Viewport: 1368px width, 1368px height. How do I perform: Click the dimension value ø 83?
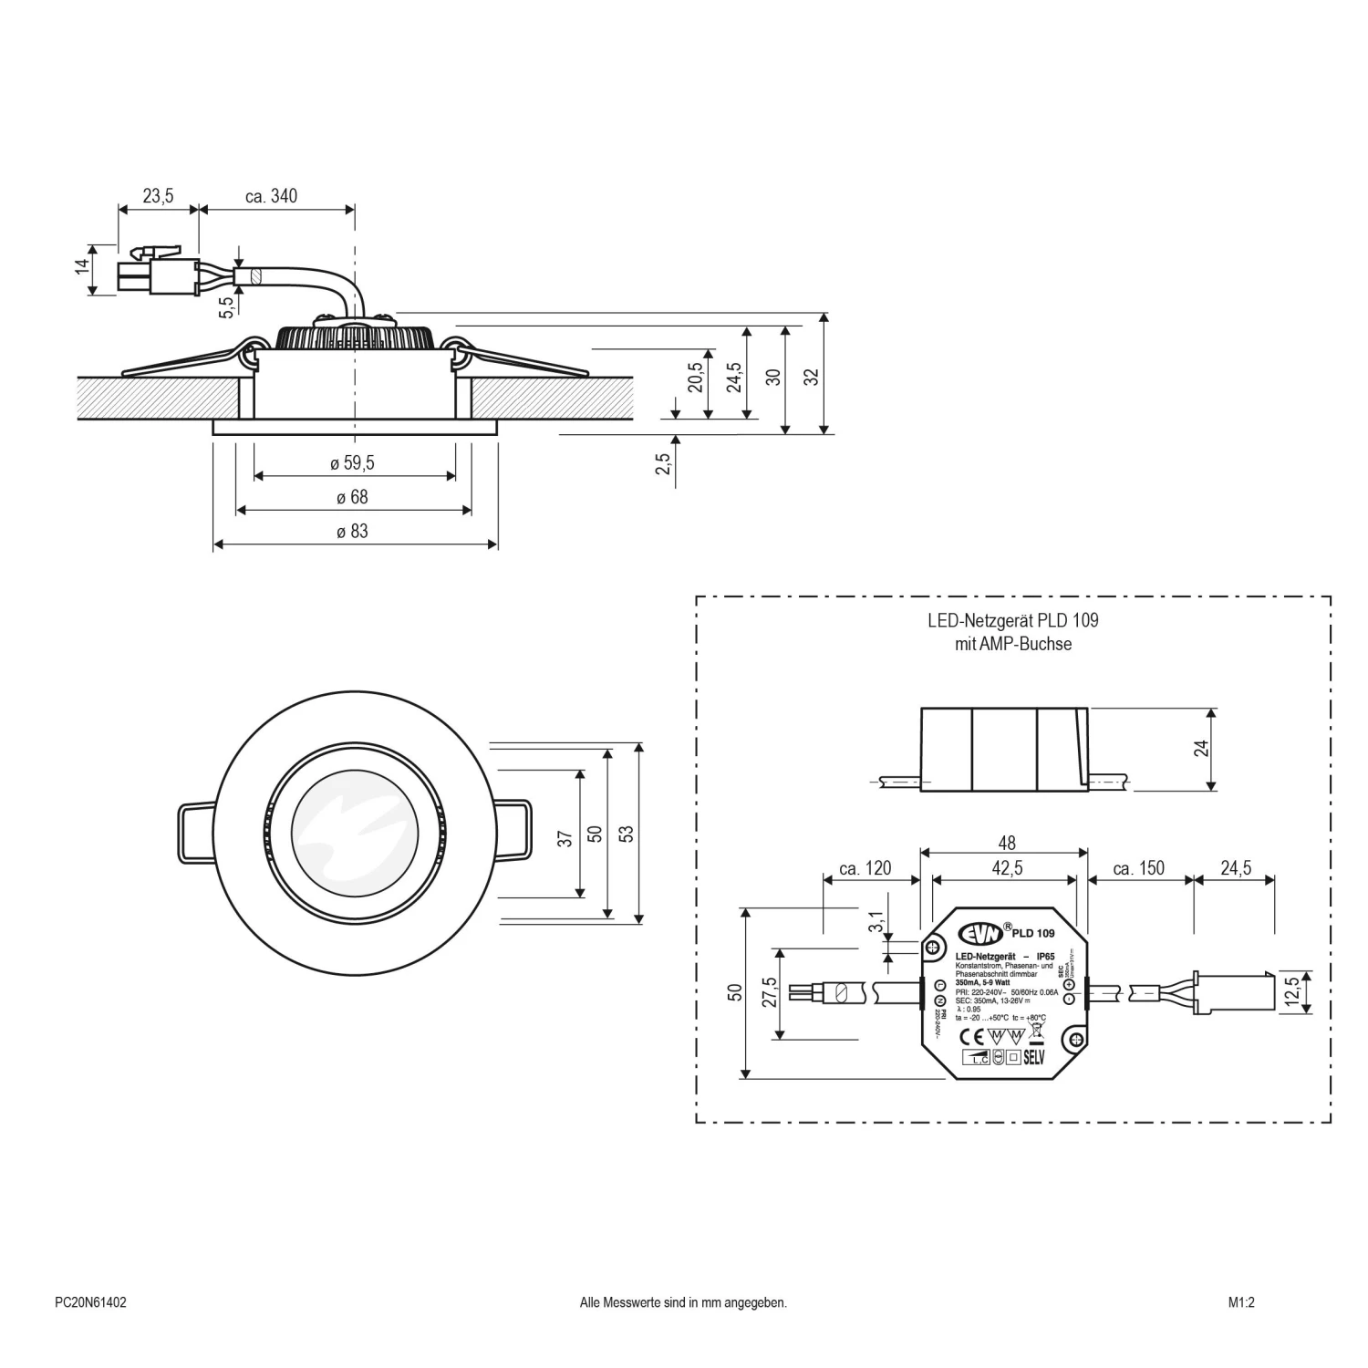[x=352, y=531]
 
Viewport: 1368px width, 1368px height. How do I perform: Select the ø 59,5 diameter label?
[x=352, y=463]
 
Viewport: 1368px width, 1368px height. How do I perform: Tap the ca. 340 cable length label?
[x=271, y=196]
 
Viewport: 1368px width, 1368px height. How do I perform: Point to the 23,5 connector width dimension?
[x=158, y=196]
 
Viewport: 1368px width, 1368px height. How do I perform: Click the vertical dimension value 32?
[x=812, y=376]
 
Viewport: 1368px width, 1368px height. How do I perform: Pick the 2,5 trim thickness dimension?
[x=664, y=464]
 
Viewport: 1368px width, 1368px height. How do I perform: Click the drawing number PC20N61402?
[x=90, y=1303]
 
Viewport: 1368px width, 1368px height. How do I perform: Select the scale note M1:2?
[x=1241, y=1303]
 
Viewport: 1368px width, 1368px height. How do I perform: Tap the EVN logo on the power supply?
[x=979, y=934]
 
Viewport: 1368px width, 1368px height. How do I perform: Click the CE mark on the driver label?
[x=974, y=1036]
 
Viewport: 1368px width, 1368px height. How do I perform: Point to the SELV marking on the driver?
[x=1033, y=1058]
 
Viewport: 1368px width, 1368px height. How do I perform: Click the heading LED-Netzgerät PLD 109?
[x=1012, y=621]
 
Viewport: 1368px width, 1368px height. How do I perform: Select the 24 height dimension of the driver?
[x=1201, y=749]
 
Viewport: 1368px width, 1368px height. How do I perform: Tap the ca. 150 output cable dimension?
[x=1138, y=868]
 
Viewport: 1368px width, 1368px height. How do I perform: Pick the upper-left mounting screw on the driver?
[x=934, y=948]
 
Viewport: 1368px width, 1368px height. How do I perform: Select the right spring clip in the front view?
[x=513, y=830]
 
